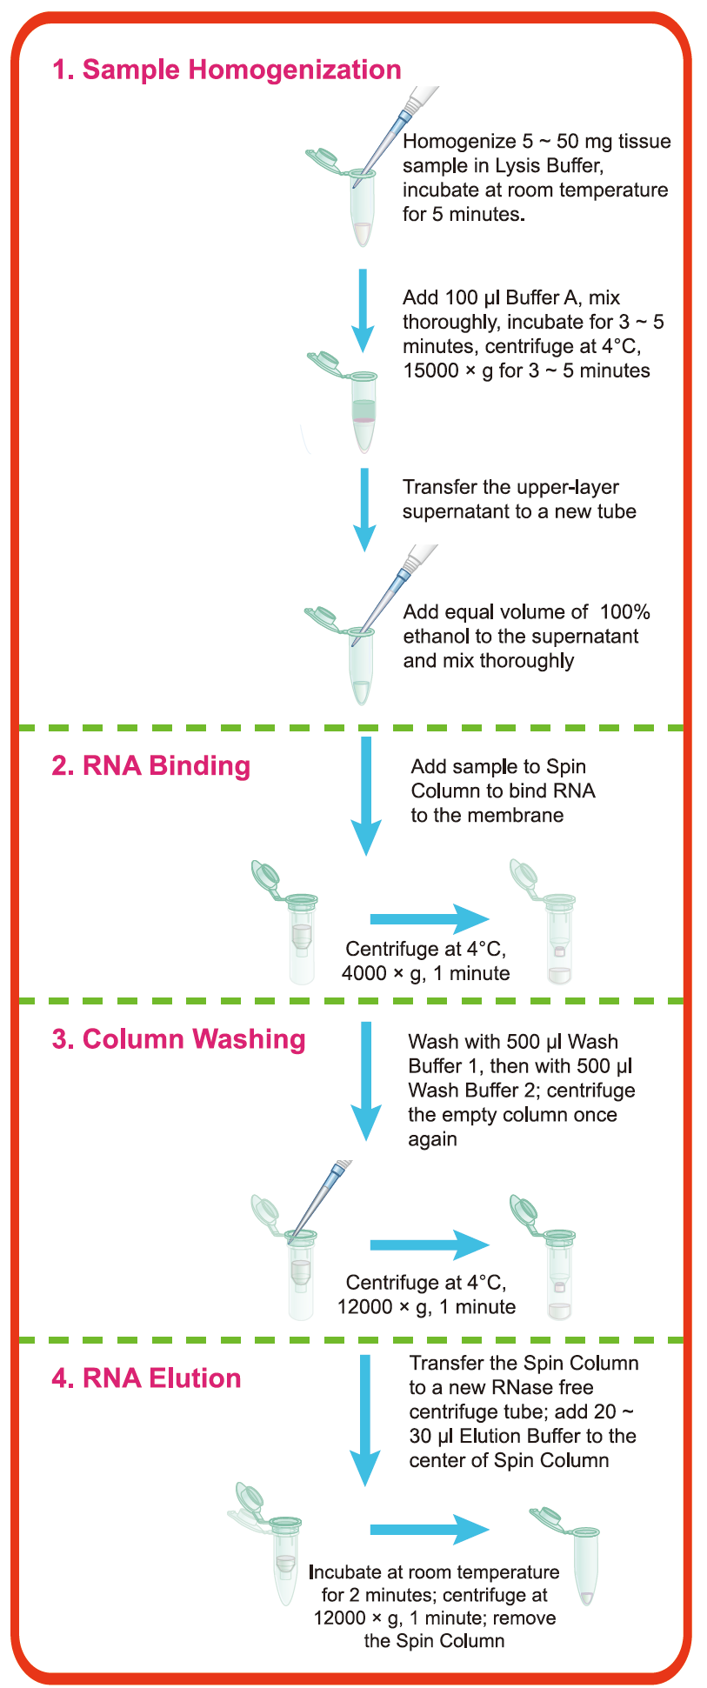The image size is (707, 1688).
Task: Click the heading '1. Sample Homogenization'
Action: coord(227,70)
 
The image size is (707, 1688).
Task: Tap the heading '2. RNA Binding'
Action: coord(150,765)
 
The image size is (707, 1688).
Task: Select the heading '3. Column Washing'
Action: coord(178,1039)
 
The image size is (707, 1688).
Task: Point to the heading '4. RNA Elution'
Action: coord(146,1378)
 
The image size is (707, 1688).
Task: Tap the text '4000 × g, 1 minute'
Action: coord(425,973)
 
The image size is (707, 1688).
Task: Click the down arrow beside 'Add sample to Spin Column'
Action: coord(366,796)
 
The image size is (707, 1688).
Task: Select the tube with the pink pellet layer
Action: coord(364,409)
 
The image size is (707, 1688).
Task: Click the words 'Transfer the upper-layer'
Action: coord(510,487)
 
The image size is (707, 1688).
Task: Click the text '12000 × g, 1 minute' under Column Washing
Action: coord(426,1306)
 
